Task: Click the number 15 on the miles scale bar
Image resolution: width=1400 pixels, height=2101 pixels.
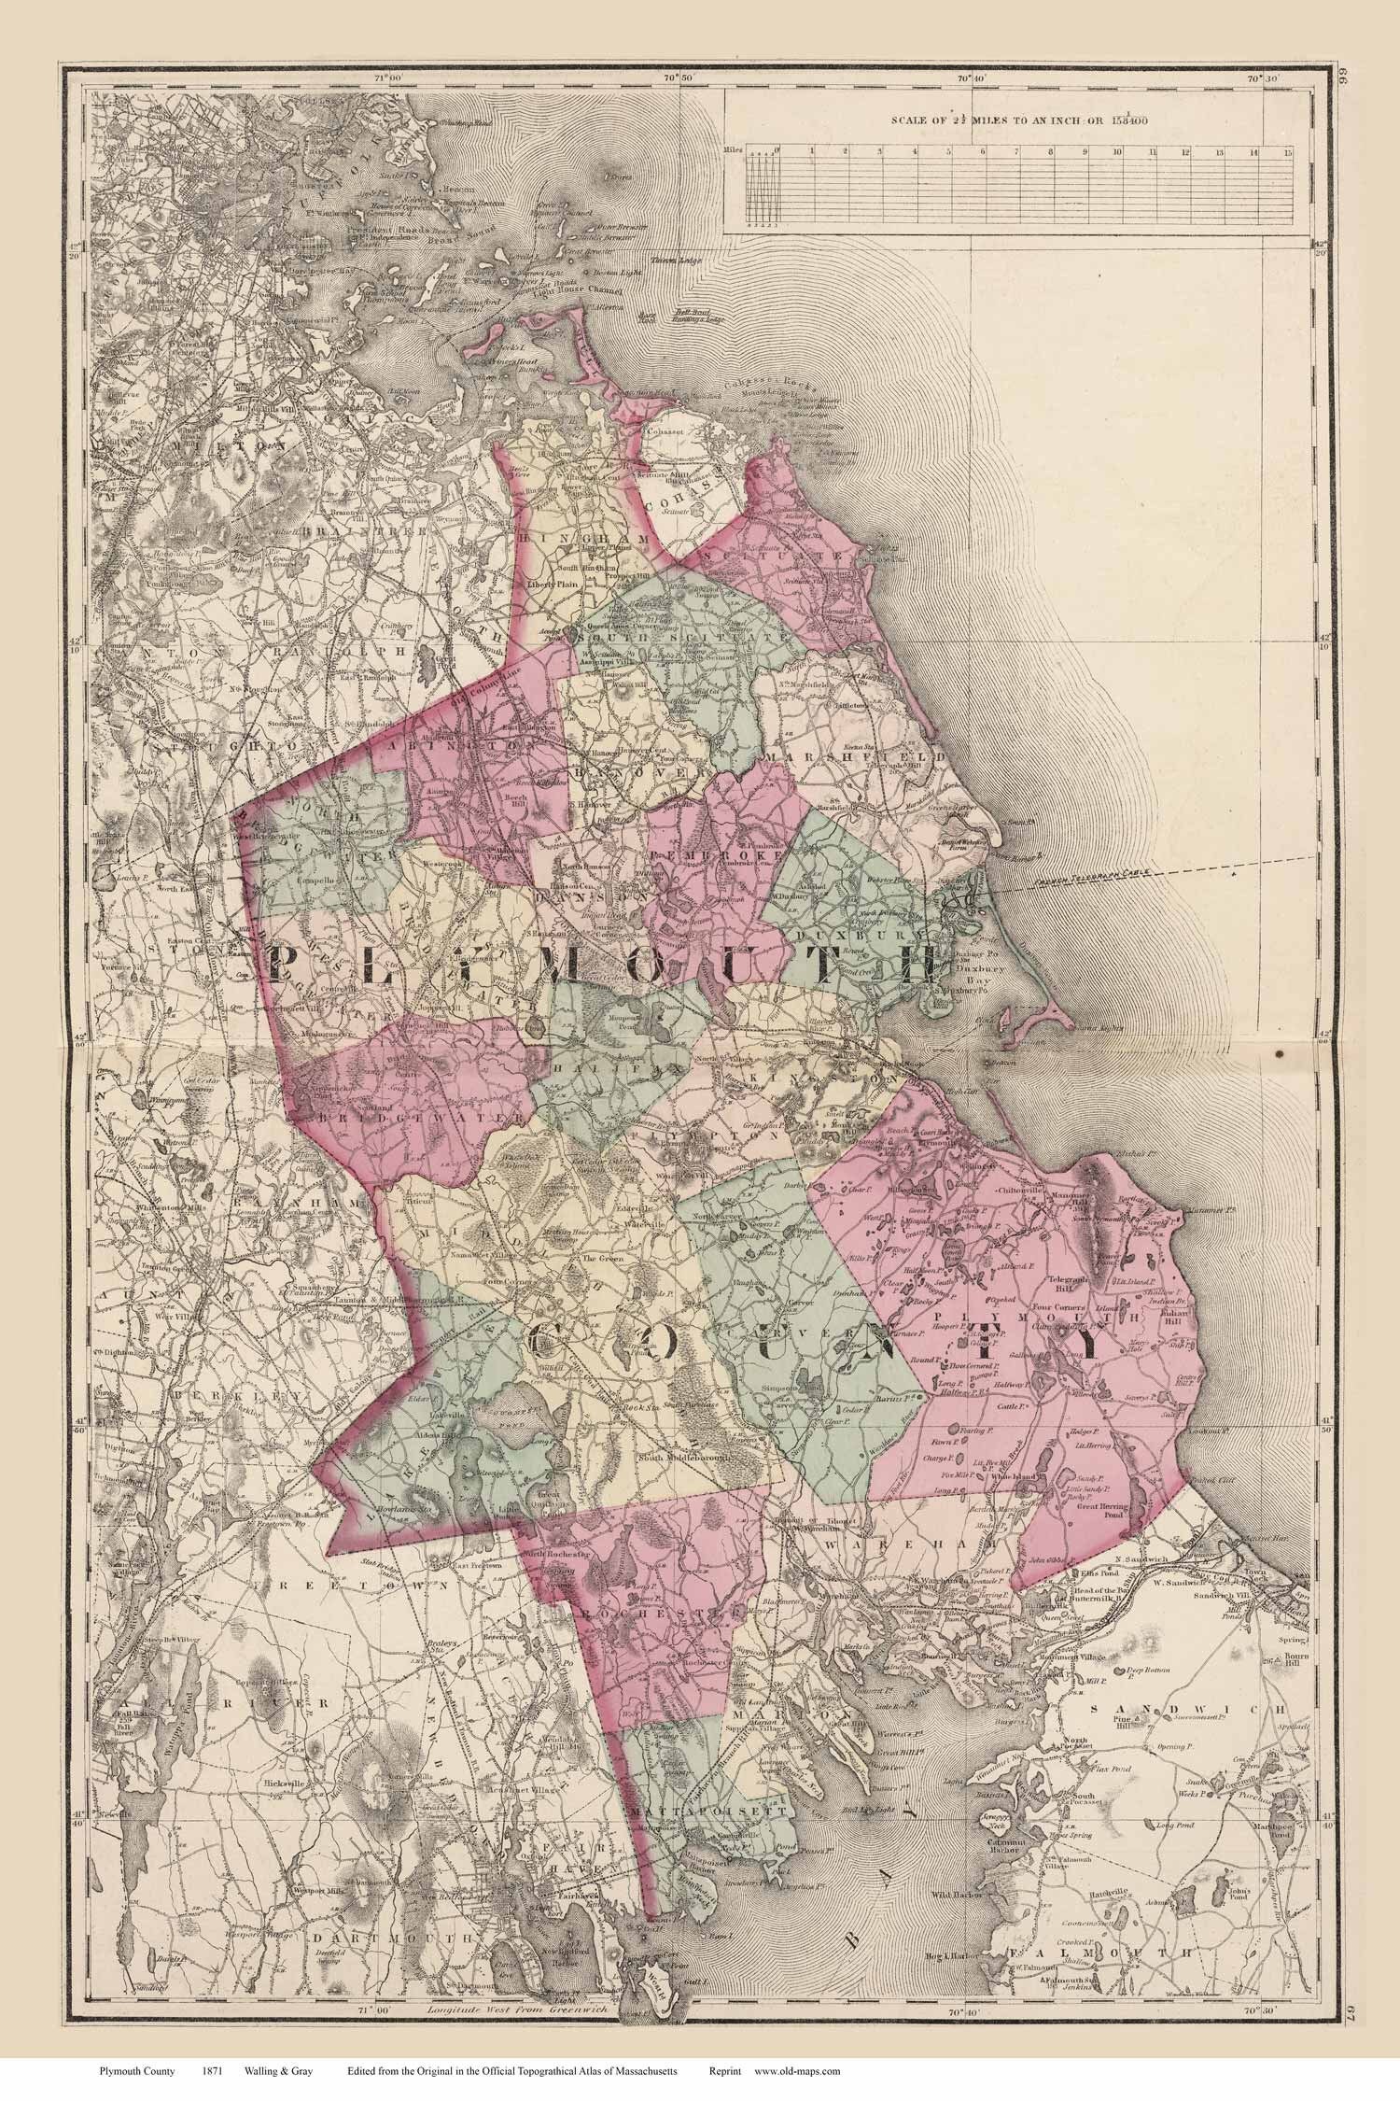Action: point(1287,150)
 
